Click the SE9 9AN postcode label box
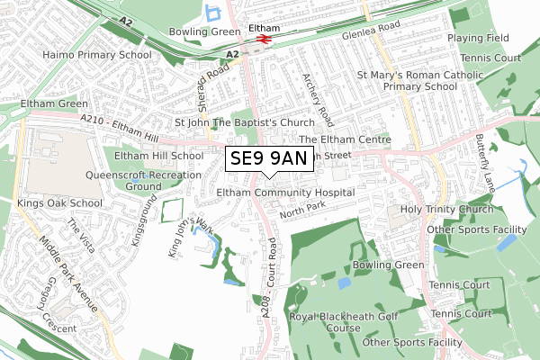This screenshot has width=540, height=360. (268, 159)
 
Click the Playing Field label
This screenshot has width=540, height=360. (480, 40)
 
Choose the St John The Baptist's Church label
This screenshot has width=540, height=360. (244, 122)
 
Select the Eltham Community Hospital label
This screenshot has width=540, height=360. (286, 193)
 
